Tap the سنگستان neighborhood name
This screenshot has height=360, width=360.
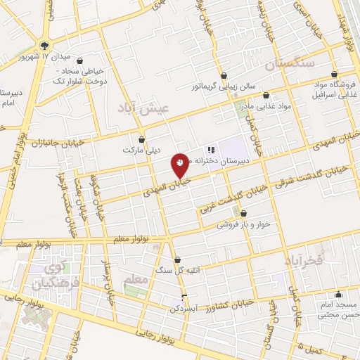pyautogui.click(x=289, y=65)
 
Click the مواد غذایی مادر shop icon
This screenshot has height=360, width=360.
pyautogui.click(x=266, y=95)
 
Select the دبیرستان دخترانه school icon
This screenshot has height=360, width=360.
pyautogui.click(x=210, y=150)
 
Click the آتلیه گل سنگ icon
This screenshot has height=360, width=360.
pyautogui.click(x=177, y=259)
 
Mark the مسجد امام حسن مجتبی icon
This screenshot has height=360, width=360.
pyautogui.click(x=338, y=295)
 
